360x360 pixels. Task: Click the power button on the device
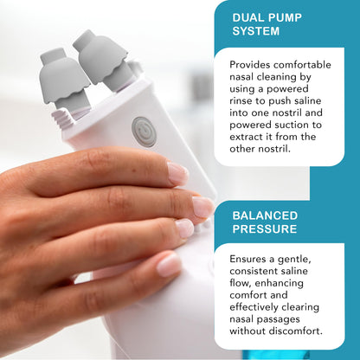point(144,131)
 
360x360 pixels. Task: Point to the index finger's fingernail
point(177,172)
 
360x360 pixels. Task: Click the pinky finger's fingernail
point(169,265)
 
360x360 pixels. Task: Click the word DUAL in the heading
point(248,16)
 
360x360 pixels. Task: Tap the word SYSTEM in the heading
point(255,31)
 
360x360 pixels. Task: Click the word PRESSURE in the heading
point(267,230)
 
